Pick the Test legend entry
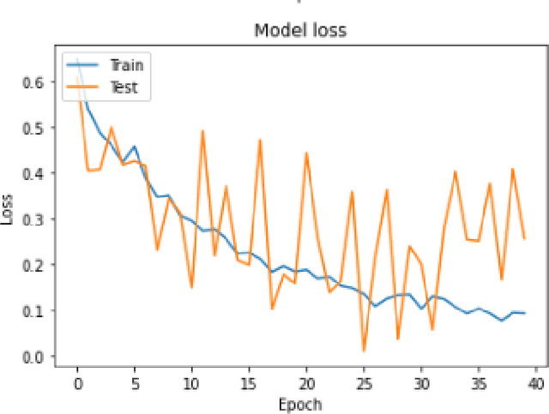point(123,87)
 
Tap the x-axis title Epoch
point(300,403)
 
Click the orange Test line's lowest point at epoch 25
point(364,351)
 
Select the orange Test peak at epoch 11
point(203,131)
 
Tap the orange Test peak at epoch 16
point(261,141)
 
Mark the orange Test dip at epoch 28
point(398,339)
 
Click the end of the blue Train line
point(524,314)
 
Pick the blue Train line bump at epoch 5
point(135,147)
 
